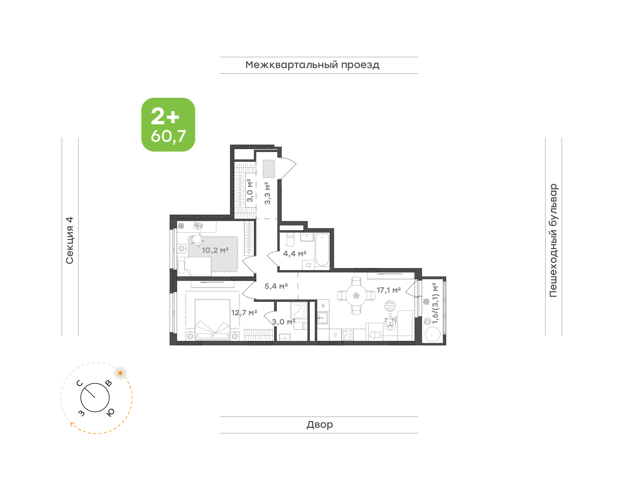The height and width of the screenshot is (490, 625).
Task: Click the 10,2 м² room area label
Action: click(x=215, y=250)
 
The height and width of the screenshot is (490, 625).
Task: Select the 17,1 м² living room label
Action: click(x=388, y=290)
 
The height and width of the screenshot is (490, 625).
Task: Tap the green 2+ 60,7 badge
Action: click(x=168, y=124)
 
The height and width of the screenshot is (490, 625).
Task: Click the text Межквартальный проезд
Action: click(x=312, y=65)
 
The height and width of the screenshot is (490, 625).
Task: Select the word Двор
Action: click(x=319, y=424)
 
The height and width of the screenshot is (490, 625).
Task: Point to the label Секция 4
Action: click(x=70, y=240)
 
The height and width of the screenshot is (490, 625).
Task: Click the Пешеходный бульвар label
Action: click(x=553, y=240)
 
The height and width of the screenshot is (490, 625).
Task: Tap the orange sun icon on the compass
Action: click(x=120, y=373)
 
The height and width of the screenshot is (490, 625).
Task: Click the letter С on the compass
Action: click(x=79, y=383)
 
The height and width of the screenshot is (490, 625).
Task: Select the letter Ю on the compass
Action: click(x=110, y=412)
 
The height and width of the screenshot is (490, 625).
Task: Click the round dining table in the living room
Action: click(x=356, y=296)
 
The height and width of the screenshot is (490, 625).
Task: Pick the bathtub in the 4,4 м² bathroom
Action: click(x=322, y=250)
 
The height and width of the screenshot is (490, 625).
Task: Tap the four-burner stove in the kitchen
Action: click(x=347, y=335)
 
